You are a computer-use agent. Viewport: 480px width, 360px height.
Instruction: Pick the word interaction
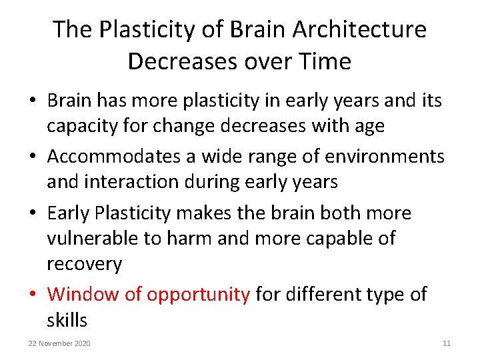click(x=141, y=181)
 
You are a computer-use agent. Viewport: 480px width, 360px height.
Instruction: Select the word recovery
click(x=84, y=265)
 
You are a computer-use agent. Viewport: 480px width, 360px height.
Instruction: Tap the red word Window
click(x=83, y=294)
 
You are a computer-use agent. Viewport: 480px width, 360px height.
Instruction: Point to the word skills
click(x=67, y=321)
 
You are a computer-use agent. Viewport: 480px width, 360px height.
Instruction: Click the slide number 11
click(x=447, y=343)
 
